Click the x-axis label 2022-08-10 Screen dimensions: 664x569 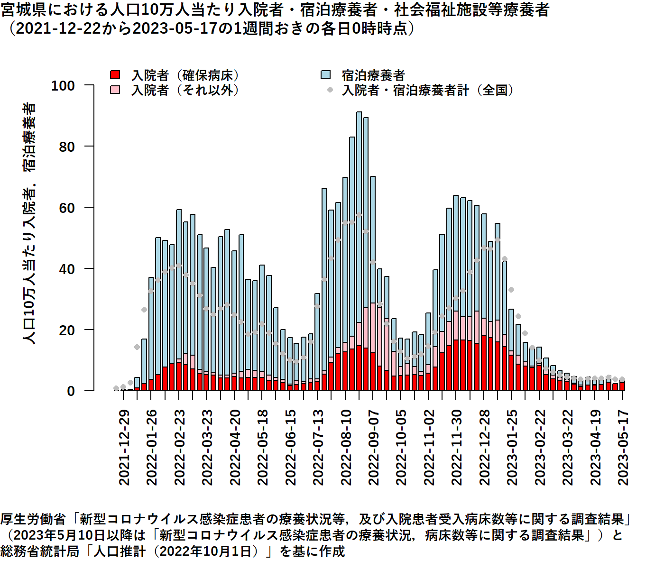point(346,447)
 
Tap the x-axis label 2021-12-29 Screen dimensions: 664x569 point(124,447)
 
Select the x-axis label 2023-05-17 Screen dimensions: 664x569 point(623,447)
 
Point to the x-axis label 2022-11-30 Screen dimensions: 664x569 point(457,447)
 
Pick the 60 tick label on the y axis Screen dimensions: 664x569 point(67,208)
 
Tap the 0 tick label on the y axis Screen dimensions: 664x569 point(71,391)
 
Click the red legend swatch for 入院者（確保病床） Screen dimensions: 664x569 point(115,75)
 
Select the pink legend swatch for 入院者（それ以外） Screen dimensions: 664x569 point(115,90)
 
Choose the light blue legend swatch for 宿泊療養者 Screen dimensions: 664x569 point(325,75)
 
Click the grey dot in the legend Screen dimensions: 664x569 point(330,90)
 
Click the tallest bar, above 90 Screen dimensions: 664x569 point(359,251)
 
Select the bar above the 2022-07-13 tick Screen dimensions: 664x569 point(317,342)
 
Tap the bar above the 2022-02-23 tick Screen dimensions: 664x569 point(179,300)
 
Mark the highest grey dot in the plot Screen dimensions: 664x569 point(359,215)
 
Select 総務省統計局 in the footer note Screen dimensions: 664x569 point(39,551)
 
